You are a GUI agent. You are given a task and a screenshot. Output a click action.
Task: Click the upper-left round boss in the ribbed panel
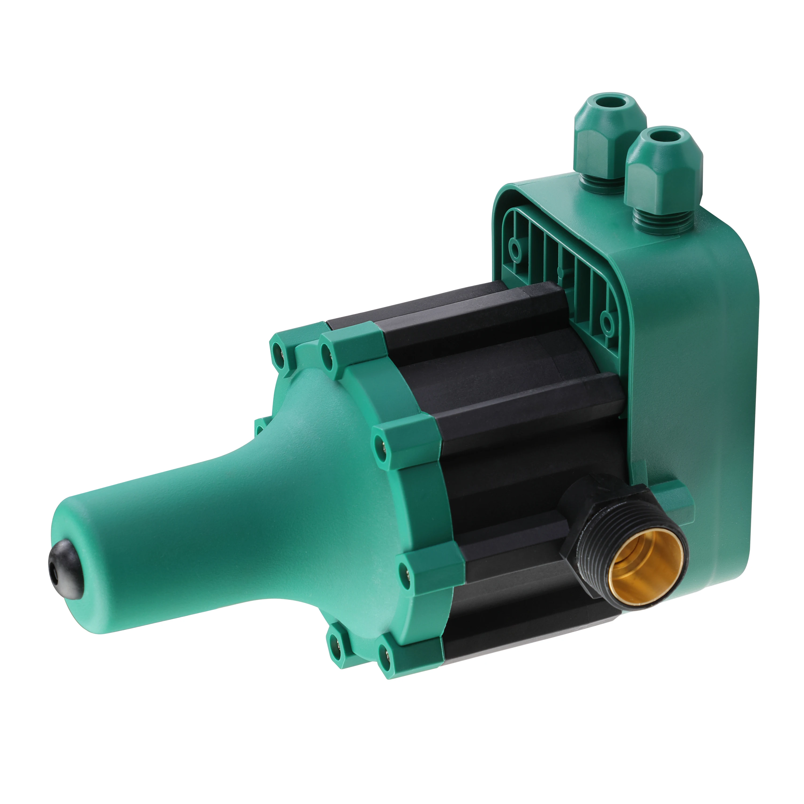coord(516,250)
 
